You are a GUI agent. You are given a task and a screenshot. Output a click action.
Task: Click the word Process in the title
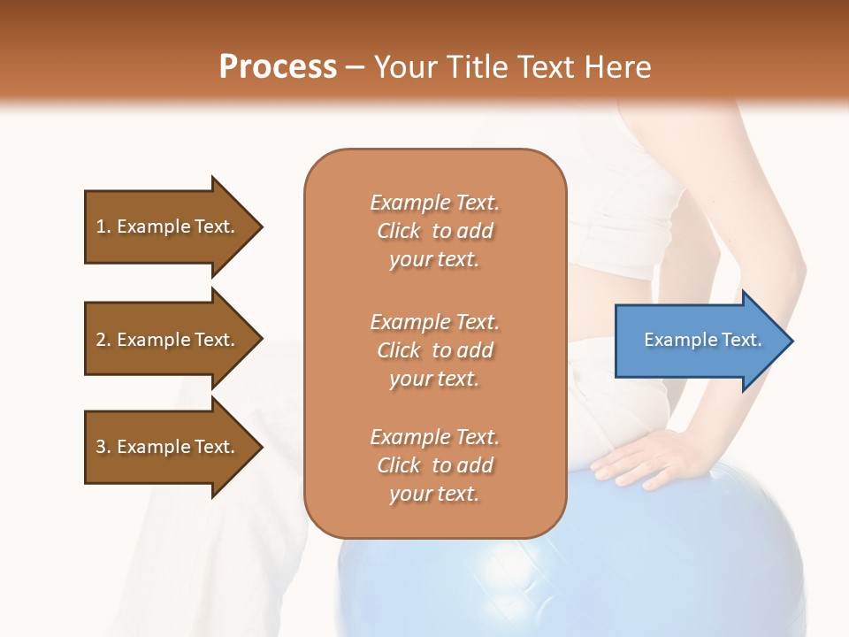pyautogui.click(x=278, y=67)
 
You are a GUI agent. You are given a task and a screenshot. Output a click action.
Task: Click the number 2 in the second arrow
pyautogui.click(x=101, y=340)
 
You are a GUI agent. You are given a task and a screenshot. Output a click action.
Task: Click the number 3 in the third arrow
pyautogui.click(x=101, y=447)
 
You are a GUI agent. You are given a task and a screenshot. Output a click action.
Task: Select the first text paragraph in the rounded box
pyautogui.click(x=434, y=231)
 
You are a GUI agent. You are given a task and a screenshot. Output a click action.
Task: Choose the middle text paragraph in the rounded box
pyautogui.click(x=434, y=350)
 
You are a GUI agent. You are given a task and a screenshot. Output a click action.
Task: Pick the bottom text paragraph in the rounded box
pyautogui.click(x=434, y=465)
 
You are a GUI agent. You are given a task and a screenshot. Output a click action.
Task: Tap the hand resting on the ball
pyautogui.click(x=641, y=456)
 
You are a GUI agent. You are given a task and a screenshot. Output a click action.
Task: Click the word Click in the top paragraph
pyautogui.click(x=398, y=231)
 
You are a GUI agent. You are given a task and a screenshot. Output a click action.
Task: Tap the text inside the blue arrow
pyautogui.click(x=702, y=340)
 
